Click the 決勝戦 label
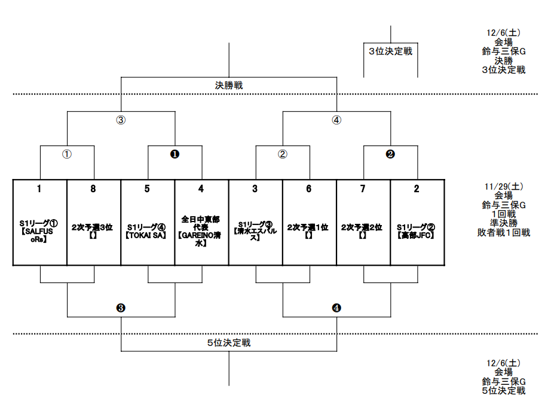229,86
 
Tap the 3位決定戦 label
390,51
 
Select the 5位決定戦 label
229,343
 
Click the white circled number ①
67,154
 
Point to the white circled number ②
283,154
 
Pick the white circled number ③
121,120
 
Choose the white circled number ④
336,120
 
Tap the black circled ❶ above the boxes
175,154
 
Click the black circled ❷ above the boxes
390,154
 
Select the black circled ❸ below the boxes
121,308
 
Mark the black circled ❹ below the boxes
336,308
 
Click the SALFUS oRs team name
39,235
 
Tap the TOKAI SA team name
148,236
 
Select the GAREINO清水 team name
201,240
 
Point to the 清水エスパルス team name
255,235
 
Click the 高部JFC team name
417,236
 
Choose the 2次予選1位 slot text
308,227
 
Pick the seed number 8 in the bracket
93,189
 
